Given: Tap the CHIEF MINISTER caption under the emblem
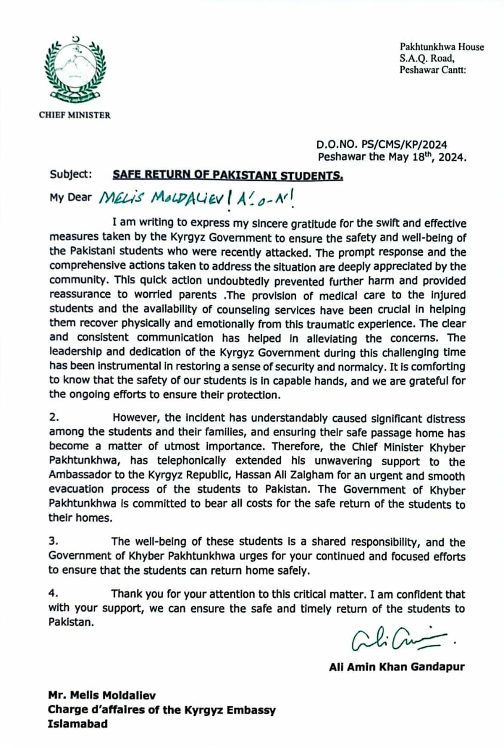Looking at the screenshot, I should pos(75,115).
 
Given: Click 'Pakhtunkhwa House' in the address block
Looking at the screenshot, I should pos(442,47).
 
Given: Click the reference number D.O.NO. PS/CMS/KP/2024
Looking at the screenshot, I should pos(382,145).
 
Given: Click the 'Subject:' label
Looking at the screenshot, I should pos(71,174).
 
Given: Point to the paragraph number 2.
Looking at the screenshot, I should pos(53,419).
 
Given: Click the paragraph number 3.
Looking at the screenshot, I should pos(53,542).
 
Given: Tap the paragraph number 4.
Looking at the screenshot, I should pos(53,595).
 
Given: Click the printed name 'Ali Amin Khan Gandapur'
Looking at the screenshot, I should pos(397,666).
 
